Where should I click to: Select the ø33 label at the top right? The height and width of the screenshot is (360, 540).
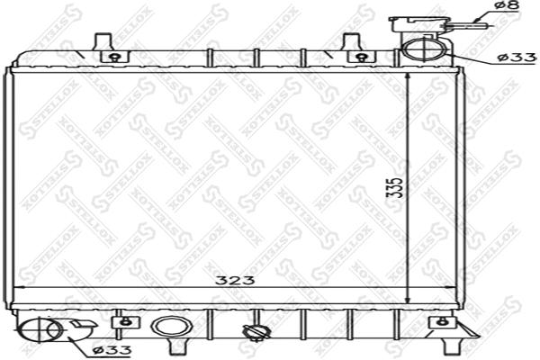click(x=517, y=58)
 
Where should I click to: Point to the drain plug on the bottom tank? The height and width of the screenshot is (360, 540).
click(x=256, y=334)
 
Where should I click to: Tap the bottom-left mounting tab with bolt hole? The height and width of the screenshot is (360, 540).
click(x=124, y=321)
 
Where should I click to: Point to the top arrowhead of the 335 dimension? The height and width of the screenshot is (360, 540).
click(x=409, y=77)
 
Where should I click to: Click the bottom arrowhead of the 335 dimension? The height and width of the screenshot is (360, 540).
click(x=409, y=301)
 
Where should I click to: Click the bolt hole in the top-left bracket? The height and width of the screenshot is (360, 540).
click(x=112, y=58)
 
